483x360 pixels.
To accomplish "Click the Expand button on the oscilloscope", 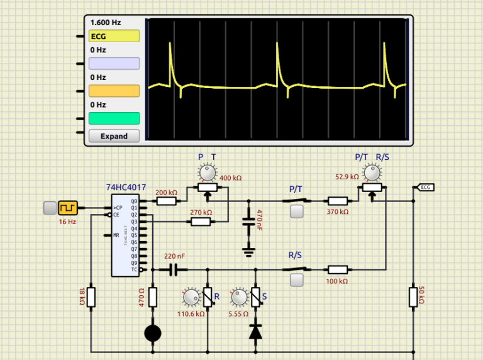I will click(x=114, y=136).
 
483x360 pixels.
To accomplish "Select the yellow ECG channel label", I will click(x=114, y=37).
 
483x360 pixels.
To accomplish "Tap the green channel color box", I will click(x=114, y=118).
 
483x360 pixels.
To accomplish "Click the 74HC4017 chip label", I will click(x=126, y=187).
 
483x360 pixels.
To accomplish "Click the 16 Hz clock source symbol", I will click(x=67, y=208).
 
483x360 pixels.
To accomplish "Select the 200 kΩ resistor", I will click(x=167, y=201).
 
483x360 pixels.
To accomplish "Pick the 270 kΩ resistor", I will click(x=201, y=222).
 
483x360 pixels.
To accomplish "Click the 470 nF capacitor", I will click(x=249, y=222).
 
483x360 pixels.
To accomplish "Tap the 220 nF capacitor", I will click(x=175, y=270).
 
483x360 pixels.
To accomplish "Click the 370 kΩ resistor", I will click(x=338, y=201).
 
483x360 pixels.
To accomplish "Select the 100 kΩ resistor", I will click(x=338, y=270).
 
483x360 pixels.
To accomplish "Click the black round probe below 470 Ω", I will click(x=153, y=332).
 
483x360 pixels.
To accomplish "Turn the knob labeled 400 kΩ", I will click(x=207, y=172).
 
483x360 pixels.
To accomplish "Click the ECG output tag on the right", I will click(x=426, y=187).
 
